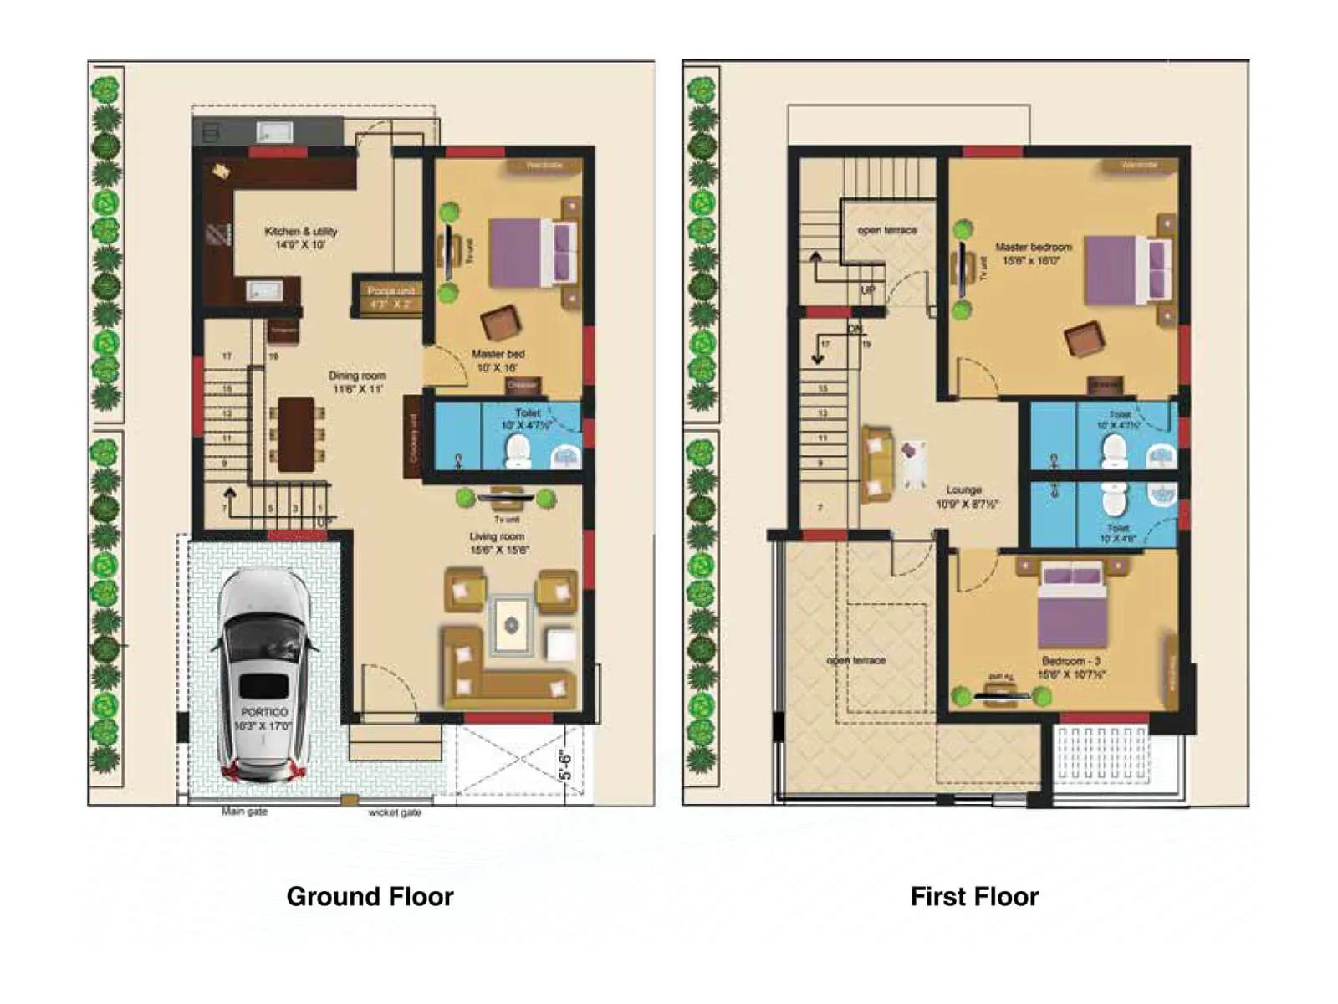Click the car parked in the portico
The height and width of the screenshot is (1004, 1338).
[x=264, y=674]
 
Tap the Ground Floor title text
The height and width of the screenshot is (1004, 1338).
[x=370, y=896]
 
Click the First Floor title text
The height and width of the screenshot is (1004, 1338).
[x=973, y=896]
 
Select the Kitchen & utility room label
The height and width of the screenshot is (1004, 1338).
[x=300, y=238]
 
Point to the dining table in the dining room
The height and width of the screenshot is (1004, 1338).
[x=296, y=434]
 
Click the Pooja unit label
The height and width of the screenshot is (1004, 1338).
[x=391, y=297]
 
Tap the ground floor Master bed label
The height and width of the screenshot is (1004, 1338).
[x=498, y=361]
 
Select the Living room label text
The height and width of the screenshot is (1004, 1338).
[x=498, y=543]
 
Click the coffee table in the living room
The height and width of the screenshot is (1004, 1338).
[x=511, y=625]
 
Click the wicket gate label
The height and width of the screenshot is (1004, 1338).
[x=395, y=812]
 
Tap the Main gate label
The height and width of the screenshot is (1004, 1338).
[x=244, y=812]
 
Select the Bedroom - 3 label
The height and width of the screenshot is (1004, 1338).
[x=1071, y=667]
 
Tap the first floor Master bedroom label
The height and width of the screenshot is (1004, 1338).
[x=1034, y=254]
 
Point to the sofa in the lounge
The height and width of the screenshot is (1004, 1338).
[x=876, y=464]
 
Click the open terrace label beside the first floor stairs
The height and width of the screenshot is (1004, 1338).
[x=886, y=230]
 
